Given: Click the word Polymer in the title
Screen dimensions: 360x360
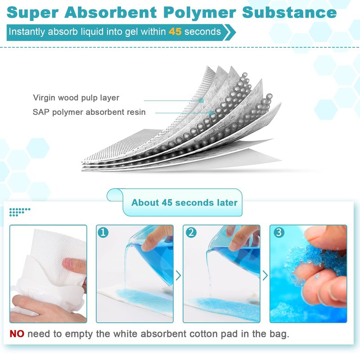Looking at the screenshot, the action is coord(200,13).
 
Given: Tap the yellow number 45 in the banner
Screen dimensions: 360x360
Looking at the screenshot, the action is coord(175,31).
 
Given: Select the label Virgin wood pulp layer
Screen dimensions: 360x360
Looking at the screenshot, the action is coord(76,98).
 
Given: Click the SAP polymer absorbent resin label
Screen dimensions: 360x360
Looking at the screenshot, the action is coord(89,112).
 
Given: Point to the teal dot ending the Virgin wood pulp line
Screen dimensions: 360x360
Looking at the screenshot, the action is coord(201,100).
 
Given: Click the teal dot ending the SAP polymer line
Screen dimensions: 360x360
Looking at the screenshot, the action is coord(211,113).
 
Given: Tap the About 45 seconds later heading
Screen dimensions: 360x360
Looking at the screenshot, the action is coord(184,202).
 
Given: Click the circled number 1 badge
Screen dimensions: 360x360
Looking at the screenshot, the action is coord(103,232).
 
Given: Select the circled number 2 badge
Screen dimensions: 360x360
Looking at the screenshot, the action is coord(191,232).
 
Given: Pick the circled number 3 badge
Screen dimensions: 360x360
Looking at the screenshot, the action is coord(279,232).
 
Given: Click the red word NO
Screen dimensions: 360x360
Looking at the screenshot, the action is coord(17,334).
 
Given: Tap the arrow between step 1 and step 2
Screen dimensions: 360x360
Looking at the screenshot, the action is coord(178,275).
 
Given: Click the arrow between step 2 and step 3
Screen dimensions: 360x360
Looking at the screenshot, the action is coord(265,275).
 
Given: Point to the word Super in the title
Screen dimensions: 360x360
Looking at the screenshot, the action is coord(32,13).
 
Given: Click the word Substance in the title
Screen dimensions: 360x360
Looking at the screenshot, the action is coord(289,13).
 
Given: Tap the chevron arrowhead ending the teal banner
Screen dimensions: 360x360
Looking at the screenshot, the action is coord(230,32).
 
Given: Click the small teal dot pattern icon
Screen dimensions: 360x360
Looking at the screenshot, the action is coord(20,212).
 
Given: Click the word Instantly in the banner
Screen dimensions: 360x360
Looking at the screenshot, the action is coord(27,32).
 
